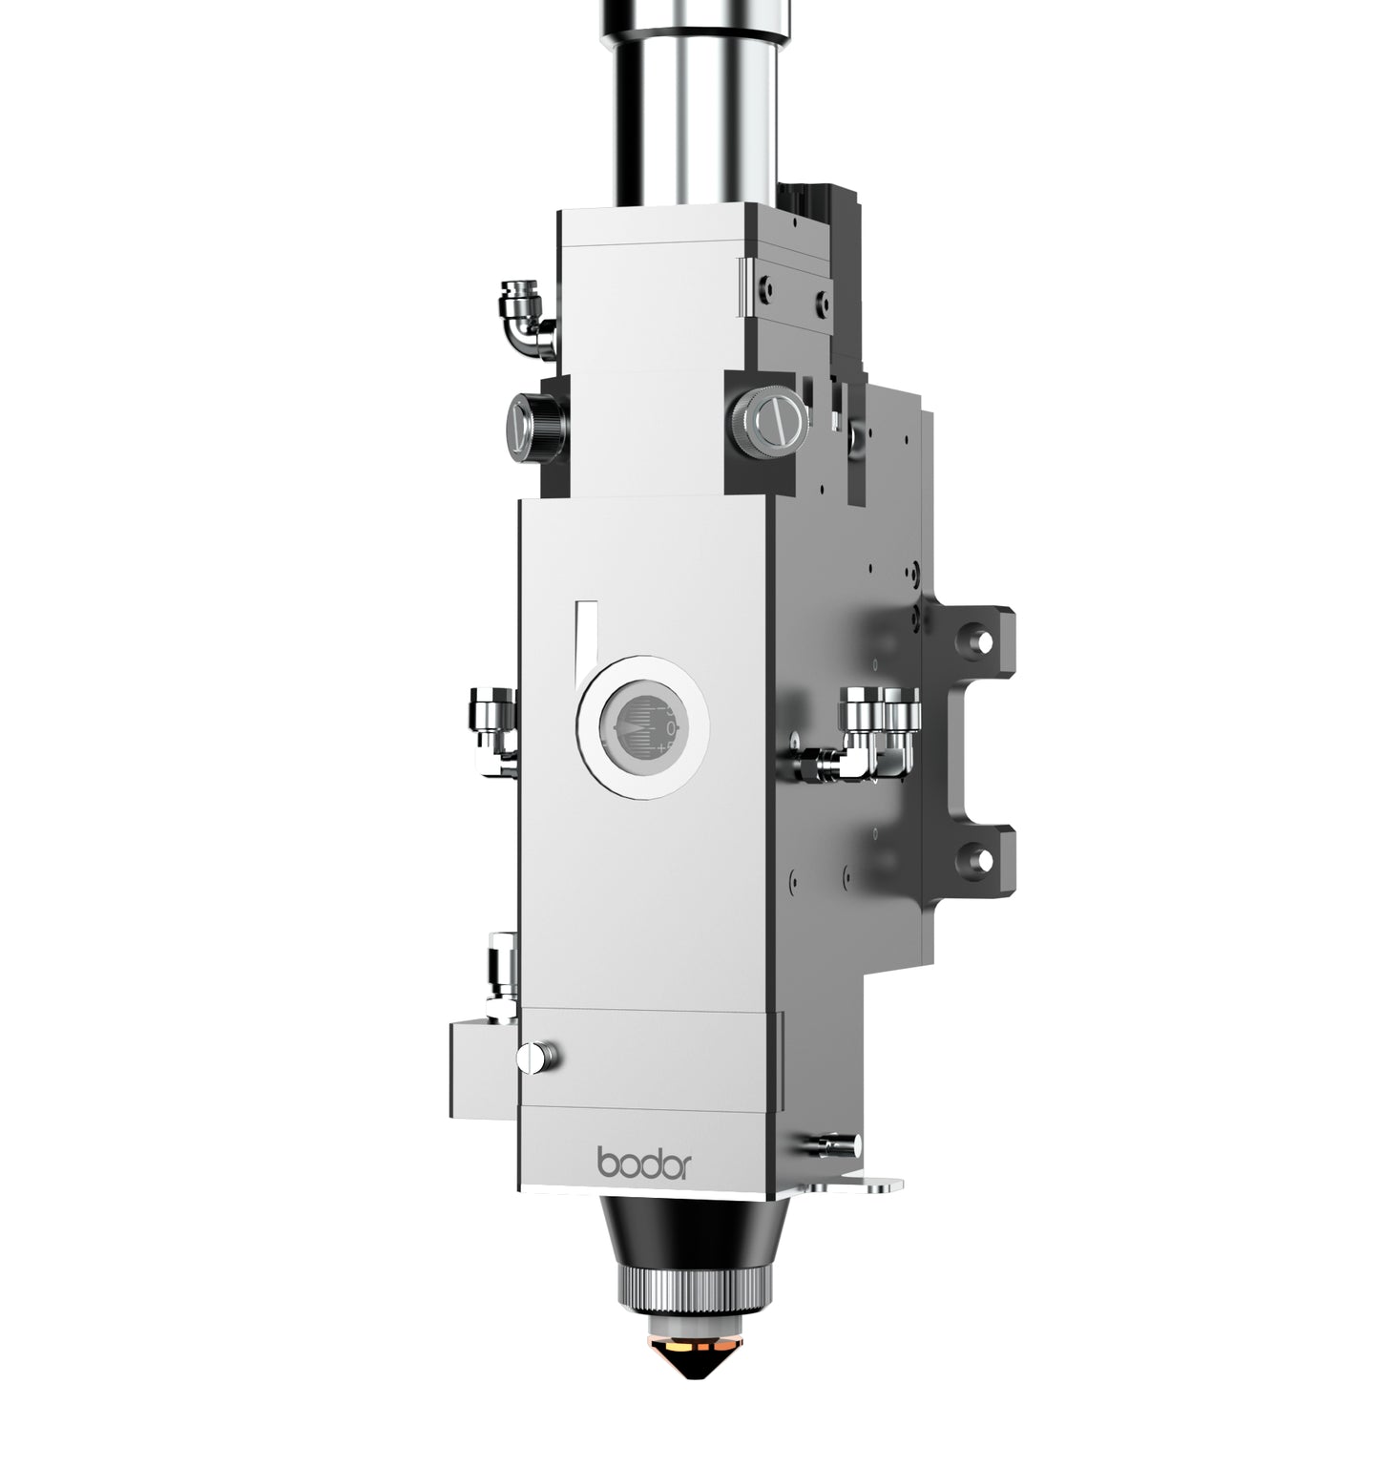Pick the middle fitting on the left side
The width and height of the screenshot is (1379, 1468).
491,729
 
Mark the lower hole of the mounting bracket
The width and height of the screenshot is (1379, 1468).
977,856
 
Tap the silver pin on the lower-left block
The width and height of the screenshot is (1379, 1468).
539,1056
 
